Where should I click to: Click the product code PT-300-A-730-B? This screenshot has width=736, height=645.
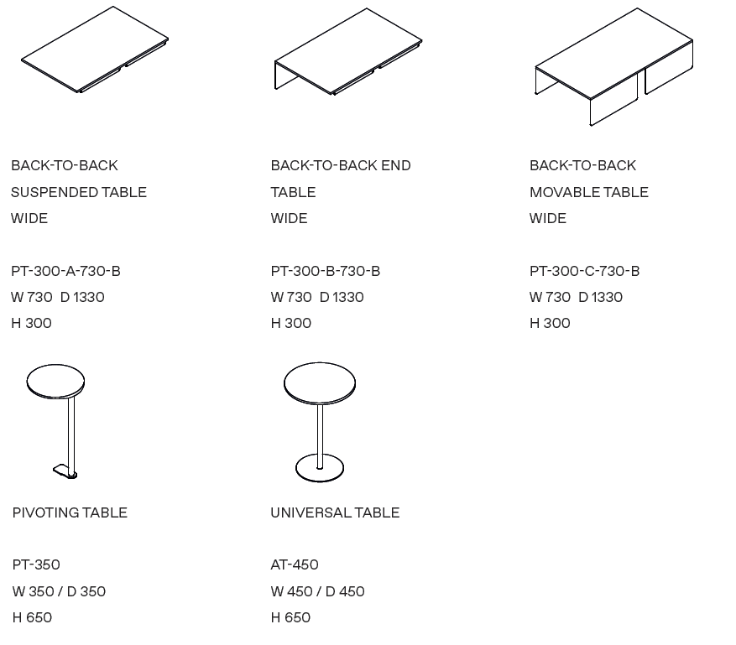point(65,271)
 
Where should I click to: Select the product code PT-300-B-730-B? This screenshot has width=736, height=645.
point(326,271)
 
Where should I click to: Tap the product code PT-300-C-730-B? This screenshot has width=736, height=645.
point(584,271)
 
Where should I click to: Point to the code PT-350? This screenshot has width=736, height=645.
point(36,564)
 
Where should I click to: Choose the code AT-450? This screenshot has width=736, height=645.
point(295,564)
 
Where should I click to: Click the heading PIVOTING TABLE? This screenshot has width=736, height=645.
point(70,512)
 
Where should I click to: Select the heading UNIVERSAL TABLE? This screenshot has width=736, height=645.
point(335,512)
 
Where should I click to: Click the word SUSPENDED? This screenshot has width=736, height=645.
point(55,192)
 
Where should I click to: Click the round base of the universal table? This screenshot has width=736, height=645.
point(320,468)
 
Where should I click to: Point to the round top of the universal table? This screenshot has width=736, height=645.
point(320,383)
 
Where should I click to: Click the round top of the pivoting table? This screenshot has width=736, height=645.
point(56,382)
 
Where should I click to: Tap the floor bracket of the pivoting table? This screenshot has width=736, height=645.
point(65,471)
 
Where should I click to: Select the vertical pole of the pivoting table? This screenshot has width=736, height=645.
point(71,436)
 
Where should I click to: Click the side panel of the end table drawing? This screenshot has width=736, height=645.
point(287,75)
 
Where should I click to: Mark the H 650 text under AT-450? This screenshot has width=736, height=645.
point(290,617)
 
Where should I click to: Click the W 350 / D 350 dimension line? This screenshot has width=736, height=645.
point(59,591)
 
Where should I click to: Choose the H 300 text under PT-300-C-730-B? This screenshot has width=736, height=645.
point(550,323)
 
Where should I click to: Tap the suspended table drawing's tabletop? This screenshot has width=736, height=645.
point(95,49)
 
